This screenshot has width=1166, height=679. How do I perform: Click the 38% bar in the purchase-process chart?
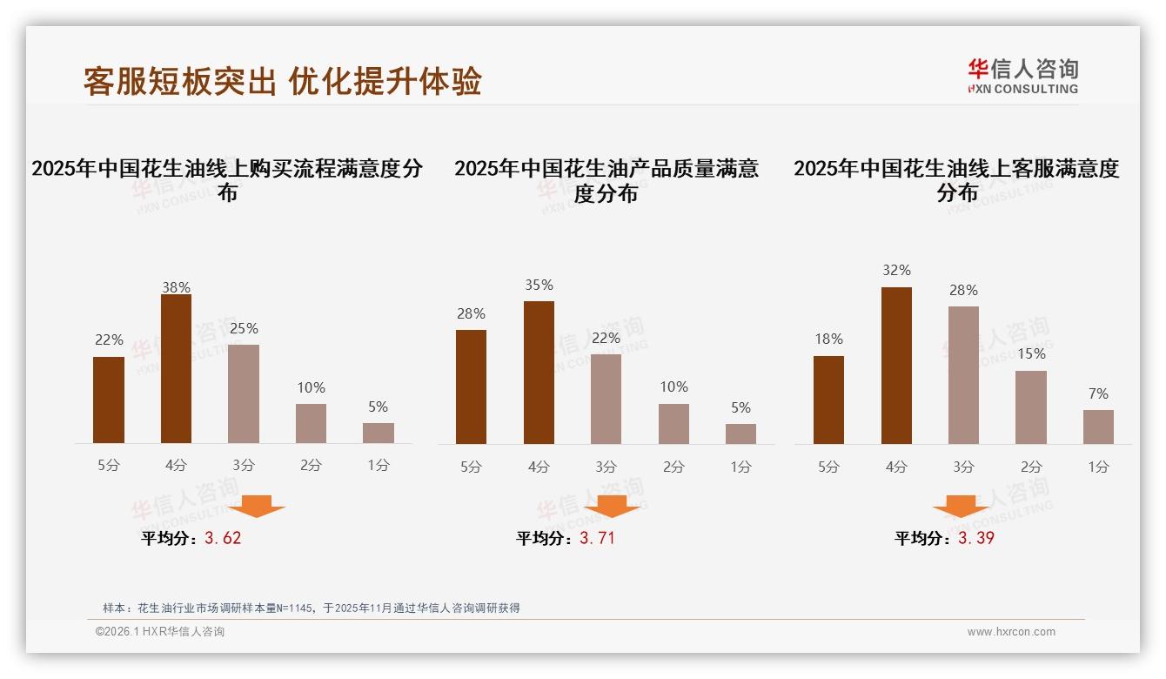[x=176, y=368]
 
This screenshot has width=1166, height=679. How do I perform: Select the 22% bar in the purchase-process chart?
[x=109, y=400]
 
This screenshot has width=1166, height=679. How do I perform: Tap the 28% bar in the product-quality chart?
[x=471, y=387]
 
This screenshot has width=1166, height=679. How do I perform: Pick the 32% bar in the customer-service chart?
[x=896, y=365]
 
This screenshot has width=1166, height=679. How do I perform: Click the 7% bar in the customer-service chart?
[x=1098, y=427]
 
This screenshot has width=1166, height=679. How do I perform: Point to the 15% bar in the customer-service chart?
[x=1030, y=407]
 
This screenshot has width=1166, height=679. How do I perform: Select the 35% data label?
[x=539, y=286]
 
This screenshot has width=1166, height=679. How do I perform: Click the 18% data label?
[x=828, y=339]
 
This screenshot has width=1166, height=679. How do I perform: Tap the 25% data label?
[x=244, y=329]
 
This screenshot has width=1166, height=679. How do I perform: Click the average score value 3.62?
[x=223, y=538]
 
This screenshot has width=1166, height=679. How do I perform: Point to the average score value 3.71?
[x=597, y=538]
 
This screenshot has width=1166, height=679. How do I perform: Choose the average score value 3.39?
[x=976, y=538]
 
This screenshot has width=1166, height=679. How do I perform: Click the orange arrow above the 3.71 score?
[x=612, y=506]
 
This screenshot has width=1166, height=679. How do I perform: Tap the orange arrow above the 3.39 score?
[x=961, y=506]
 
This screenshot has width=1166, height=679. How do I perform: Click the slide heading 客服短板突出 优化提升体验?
[x=282, y=81]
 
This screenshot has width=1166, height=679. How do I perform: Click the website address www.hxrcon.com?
[x=1011, y=632]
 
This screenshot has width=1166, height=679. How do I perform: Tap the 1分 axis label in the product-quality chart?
[x=740, y=467]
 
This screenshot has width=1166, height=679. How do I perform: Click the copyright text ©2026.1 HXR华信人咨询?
[x=159, y=632]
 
